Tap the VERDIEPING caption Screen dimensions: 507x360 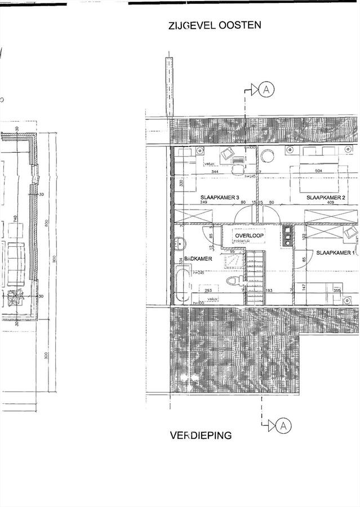pos(201,435)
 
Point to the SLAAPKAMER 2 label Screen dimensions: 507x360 pos(326,198)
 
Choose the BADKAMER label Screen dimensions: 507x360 pos(182,259)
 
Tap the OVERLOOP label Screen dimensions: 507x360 pos(250,235)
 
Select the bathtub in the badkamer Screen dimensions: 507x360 pos(181,286)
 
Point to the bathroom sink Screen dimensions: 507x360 pos(180,244)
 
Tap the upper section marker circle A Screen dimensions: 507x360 pos(268,89)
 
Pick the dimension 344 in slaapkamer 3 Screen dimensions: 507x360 pos(214,171)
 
